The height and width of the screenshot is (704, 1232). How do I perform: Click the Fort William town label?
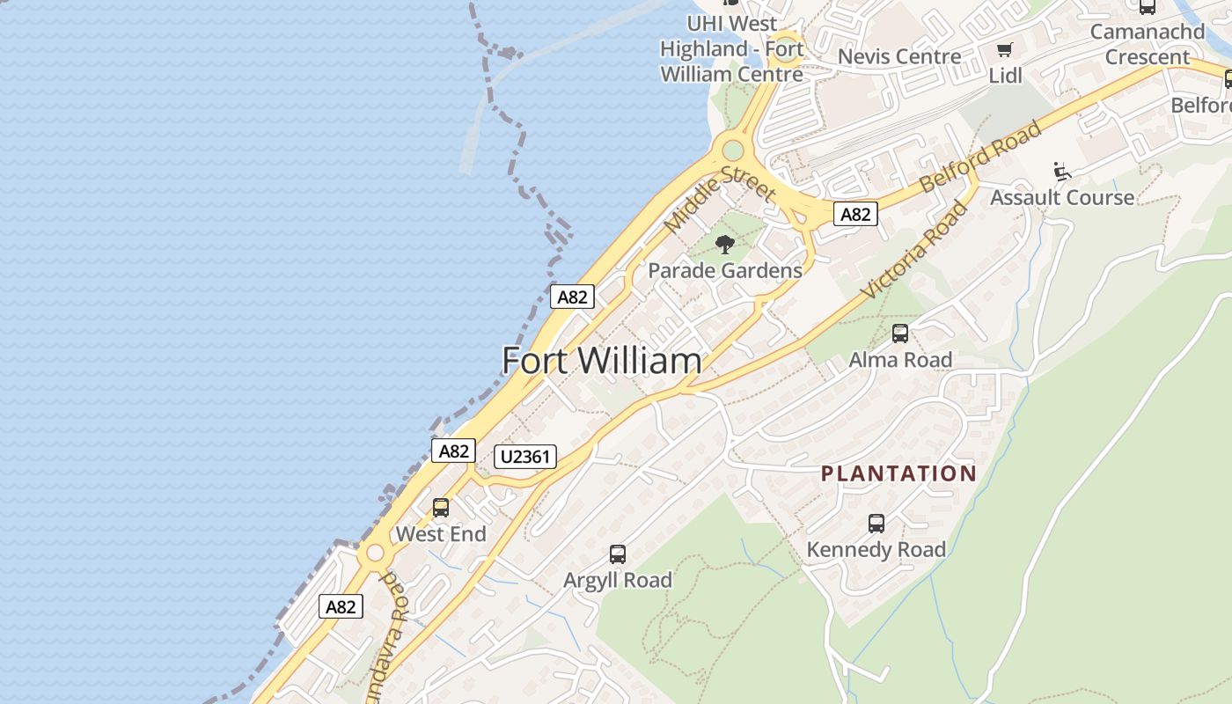tap(602, 361)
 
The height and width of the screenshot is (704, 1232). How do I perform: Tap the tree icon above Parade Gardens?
tap(725, 244)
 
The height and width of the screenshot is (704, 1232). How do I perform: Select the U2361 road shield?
tap(525, 456)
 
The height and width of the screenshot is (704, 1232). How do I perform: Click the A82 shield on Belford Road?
tap(855, 214)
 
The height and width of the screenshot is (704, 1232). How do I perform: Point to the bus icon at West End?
tap(441, 508)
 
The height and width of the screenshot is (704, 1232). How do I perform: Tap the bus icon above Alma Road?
tap(900, 334)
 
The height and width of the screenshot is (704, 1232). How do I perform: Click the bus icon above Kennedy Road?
tap(876, 524)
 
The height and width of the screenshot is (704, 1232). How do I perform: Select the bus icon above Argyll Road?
tap(618, 554)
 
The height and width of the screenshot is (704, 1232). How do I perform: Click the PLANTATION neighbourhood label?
tap(898, 473)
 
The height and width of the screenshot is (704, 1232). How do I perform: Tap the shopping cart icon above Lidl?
tap(1004, 50)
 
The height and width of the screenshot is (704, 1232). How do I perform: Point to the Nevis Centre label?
tap(899, 57)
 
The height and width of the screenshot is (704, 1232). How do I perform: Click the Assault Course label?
tap(1062, 197)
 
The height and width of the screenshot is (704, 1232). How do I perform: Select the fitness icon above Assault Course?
tap(1062, 171)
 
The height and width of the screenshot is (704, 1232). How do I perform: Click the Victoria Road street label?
tap(915, 249)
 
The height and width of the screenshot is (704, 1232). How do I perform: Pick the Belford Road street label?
tap(980, 157)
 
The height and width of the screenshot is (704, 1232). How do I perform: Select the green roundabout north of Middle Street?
tap(732, 150)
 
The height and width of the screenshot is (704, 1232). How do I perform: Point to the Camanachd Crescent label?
tap(1147, 45)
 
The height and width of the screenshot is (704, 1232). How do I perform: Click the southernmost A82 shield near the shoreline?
tap(341, 606)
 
